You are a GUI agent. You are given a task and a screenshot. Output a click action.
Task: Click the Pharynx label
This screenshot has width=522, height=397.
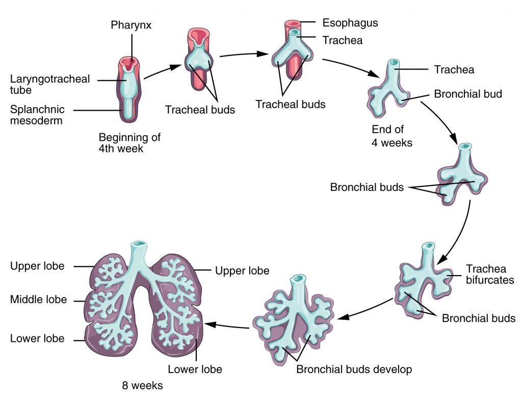pos(132,25)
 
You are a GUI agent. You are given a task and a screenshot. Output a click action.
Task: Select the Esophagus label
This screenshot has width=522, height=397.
pos(350,23)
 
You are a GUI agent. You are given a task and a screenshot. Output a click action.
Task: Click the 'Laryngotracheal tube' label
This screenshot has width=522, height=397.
pos(50,85)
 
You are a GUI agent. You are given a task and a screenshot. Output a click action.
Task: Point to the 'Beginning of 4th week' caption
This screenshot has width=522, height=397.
pos(129,143)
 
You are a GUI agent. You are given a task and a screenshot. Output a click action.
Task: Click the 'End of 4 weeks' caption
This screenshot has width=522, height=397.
pos(391,136)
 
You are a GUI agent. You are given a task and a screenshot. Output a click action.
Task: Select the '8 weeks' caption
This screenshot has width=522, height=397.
pos(142,386)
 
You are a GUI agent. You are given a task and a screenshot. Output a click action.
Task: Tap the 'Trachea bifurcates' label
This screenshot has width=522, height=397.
pos(489,275)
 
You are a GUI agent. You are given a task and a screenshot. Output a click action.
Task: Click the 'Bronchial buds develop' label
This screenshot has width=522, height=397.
pos(354,368)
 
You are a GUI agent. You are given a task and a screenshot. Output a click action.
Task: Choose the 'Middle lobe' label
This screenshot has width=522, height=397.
pos(38,300)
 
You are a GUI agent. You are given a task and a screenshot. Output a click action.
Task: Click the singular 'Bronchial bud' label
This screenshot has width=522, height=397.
pos(468,94)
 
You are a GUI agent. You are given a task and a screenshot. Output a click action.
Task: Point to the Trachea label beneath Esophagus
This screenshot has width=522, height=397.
pos(343,40)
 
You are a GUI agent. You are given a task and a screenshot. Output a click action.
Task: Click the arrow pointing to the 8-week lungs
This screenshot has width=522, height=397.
pos(227,326)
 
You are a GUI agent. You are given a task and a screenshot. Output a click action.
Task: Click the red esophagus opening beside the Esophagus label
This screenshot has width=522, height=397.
pos(293,24)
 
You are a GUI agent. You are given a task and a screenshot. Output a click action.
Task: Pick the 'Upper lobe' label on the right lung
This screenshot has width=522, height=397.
pos(242,270)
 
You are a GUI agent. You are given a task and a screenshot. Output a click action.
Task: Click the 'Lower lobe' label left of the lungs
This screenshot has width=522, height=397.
pos(37,338)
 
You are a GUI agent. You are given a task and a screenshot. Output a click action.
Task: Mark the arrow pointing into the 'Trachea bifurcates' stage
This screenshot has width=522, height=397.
pos(456,230)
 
